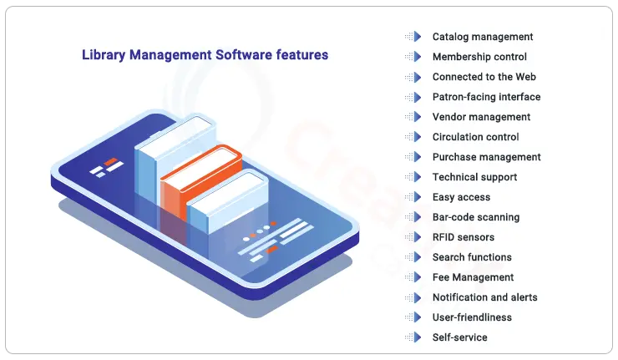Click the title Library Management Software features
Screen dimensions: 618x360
pos(205,55)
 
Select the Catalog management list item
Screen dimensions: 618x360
pos(483,37)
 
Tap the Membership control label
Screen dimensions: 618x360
pos(479,57)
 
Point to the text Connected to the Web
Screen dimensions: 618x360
pos(484,77)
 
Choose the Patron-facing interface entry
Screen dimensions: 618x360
pos(486,97)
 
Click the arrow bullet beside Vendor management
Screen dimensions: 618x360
pos(413,117)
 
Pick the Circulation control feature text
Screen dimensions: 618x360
pos(475,137)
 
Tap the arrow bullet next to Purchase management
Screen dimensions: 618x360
pos(413,157)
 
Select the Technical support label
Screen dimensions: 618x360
pos(474,177)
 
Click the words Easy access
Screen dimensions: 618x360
pos(461,197)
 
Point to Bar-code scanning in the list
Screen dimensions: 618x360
pos(476,217)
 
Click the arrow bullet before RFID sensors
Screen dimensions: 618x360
pos(413,237)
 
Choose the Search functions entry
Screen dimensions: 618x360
pos(472,257)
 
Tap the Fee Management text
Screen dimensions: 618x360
pos(473,277)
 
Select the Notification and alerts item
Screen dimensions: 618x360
pos(484,297)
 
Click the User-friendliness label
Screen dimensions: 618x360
pos(472,317)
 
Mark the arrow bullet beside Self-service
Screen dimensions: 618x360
pos(413,337)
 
